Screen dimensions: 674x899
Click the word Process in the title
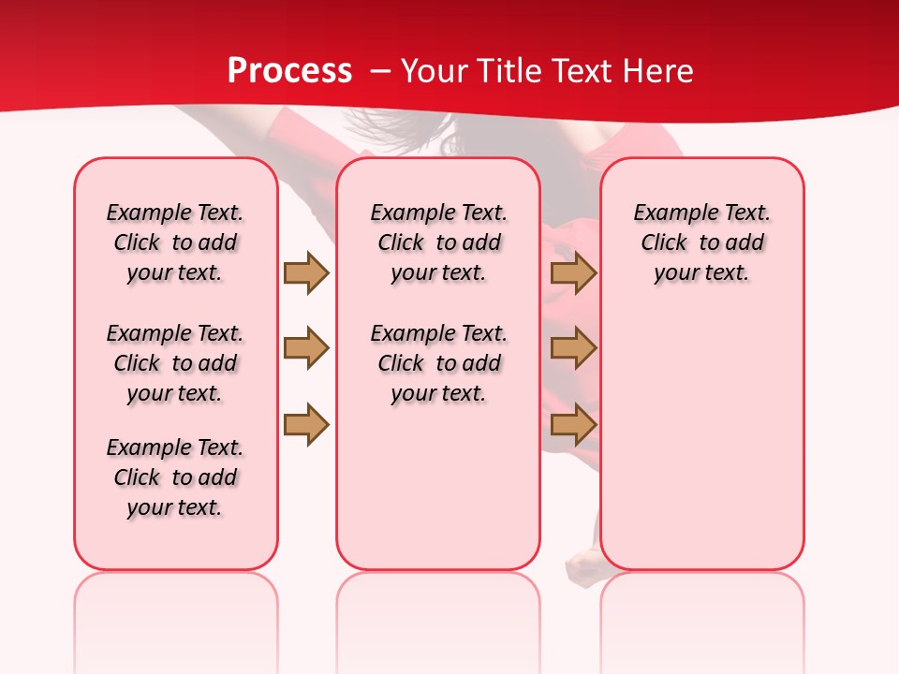(x=289, y=71)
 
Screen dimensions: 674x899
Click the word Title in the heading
(x=506, y=71)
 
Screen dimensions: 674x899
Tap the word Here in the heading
(x=657, y=71)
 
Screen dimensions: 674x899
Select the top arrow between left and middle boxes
(x=306, y=272)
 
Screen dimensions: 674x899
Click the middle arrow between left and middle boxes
(x=306, y=348)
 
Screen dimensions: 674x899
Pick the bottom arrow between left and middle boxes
(x=306, y=424)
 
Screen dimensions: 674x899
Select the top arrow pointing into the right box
(x=573, y=272)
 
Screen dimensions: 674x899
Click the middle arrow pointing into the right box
(x=573, y=348)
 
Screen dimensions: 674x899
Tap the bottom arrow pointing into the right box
(x=573, y=424)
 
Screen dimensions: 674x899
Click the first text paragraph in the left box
(x=175, y=242)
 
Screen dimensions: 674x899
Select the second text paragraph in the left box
(x=175, y=363)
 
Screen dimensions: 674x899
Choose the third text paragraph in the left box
(x=175, y=477)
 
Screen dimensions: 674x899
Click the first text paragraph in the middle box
(x=438, y=242)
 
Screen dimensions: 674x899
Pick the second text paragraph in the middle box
(x=438, y=363)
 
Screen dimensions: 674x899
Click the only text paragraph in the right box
(x=702, y=242)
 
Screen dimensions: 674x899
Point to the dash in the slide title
(x=379, y=71)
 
